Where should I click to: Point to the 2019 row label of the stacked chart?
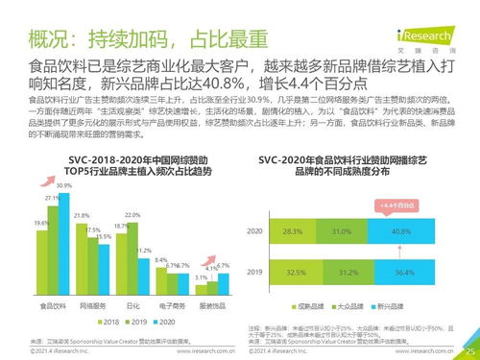tap(255, 272)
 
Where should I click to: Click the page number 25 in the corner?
tap(469, 351)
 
